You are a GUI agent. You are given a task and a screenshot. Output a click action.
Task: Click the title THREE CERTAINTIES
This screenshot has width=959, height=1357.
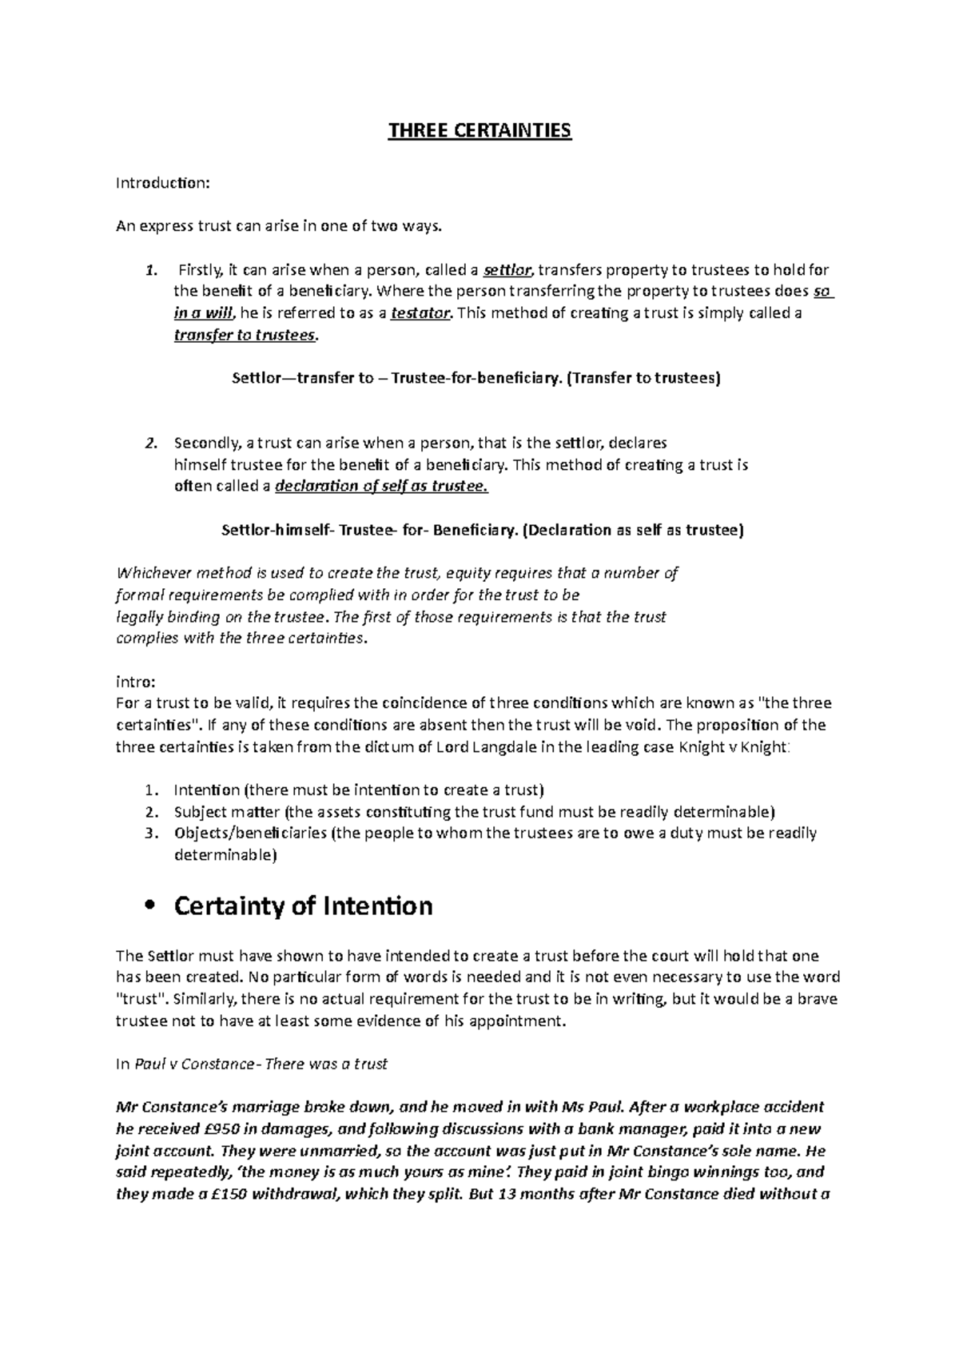coord(479,130)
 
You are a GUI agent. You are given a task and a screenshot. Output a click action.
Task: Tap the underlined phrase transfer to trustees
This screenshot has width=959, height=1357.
coord(245,336)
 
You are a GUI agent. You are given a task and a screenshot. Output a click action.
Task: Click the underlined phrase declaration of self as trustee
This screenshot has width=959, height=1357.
coord(380,487)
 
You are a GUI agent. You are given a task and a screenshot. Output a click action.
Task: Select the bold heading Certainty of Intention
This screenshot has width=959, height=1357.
coord(303,906)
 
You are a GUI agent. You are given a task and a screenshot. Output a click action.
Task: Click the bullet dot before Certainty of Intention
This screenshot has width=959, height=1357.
coord(145,907)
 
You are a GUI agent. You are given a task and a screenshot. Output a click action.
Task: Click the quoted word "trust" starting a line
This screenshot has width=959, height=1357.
coord(141,1000)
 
